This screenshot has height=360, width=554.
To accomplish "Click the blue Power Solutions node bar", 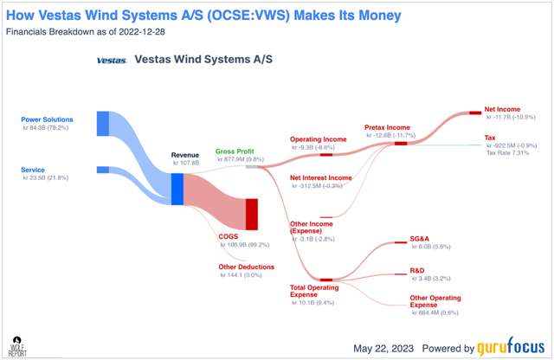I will click(x=102, y=123).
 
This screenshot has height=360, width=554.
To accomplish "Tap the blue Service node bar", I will click(x=102, y=170).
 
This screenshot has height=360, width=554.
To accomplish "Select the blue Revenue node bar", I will click(x=177, y=189).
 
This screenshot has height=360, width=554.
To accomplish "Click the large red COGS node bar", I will click(x=252, y=214).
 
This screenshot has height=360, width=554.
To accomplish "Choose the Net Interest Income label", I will click(x=320, y=177).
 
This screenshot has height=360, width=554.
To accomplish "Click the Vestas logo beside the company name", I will click(x=112, y=61).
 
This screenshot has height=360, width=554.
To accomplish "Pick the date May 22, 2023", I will click(x=380, y=347).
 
